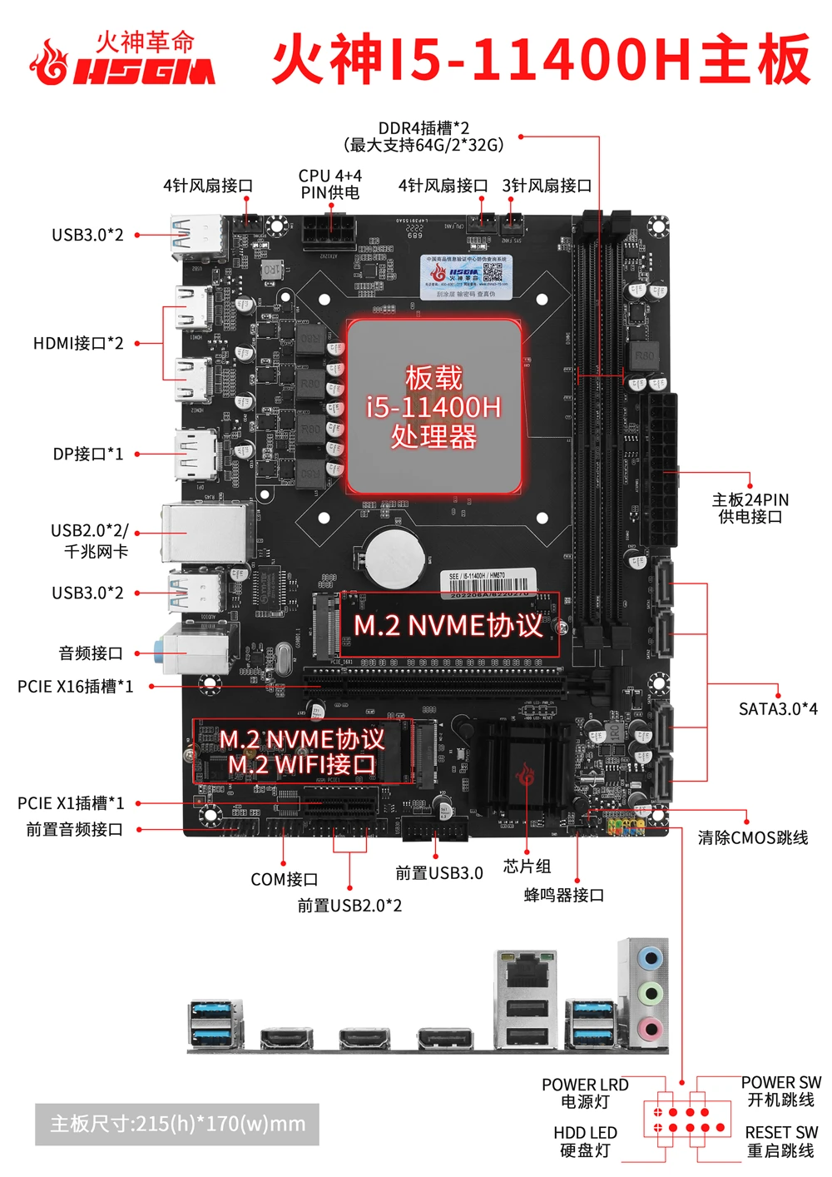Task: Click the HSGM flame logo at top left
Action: coord(50,62)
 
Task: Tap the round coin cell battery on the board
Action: coord(394,556)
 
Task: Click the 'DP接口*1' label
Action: coord(88,454)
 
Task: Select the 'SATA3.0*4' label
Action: coord(778,708)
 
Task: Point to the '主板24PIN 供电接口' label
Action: coord(750,508)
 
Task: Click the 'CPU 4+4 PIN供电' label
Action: coord(330,184)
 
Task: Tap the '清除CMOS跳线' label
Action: coord(752,837)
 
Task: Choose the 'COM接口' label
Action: coord(284,879)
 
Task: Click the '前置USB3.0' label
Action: coord(438,873)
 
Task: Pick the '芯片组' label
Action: coord(527,867)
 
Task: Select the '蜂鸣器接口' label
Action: coord(563,895)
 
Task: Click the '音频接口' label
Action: coord(91,653)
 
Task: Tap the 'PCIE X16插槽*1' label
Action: coord(75,687)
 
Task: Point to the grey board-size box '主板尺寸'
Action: coord(177,1124)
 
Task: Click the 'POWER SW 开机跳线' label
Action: coord(780,1091)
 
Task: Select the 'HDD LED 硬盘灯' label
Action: coord(585,1141)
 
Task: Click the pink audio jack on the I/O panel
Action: coord(651,1027)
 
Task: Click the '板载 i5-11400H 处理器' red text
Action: coord(433,406)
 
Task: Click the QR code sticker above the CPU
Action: coord(492,273)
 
